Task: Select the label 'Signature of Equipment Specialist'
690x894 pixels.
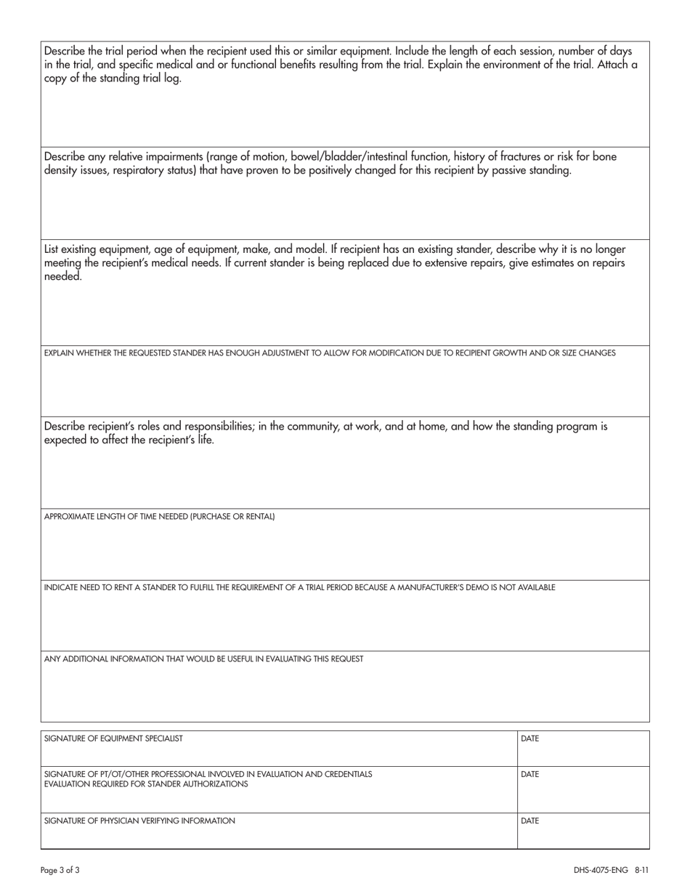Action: coord(113,738)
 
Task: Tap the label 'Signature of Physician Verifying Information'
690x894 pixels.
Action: coord(139,821)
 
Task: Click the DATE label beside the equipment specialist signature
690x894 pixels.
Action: coord(530,738)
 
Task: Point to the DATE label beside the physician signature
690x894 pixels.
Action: coord(530,821)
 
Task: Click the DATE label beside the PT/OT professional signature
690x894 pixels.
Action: coord(530,774)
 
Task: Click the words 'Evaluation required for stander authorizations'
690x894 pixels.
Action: coord(145,784)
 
